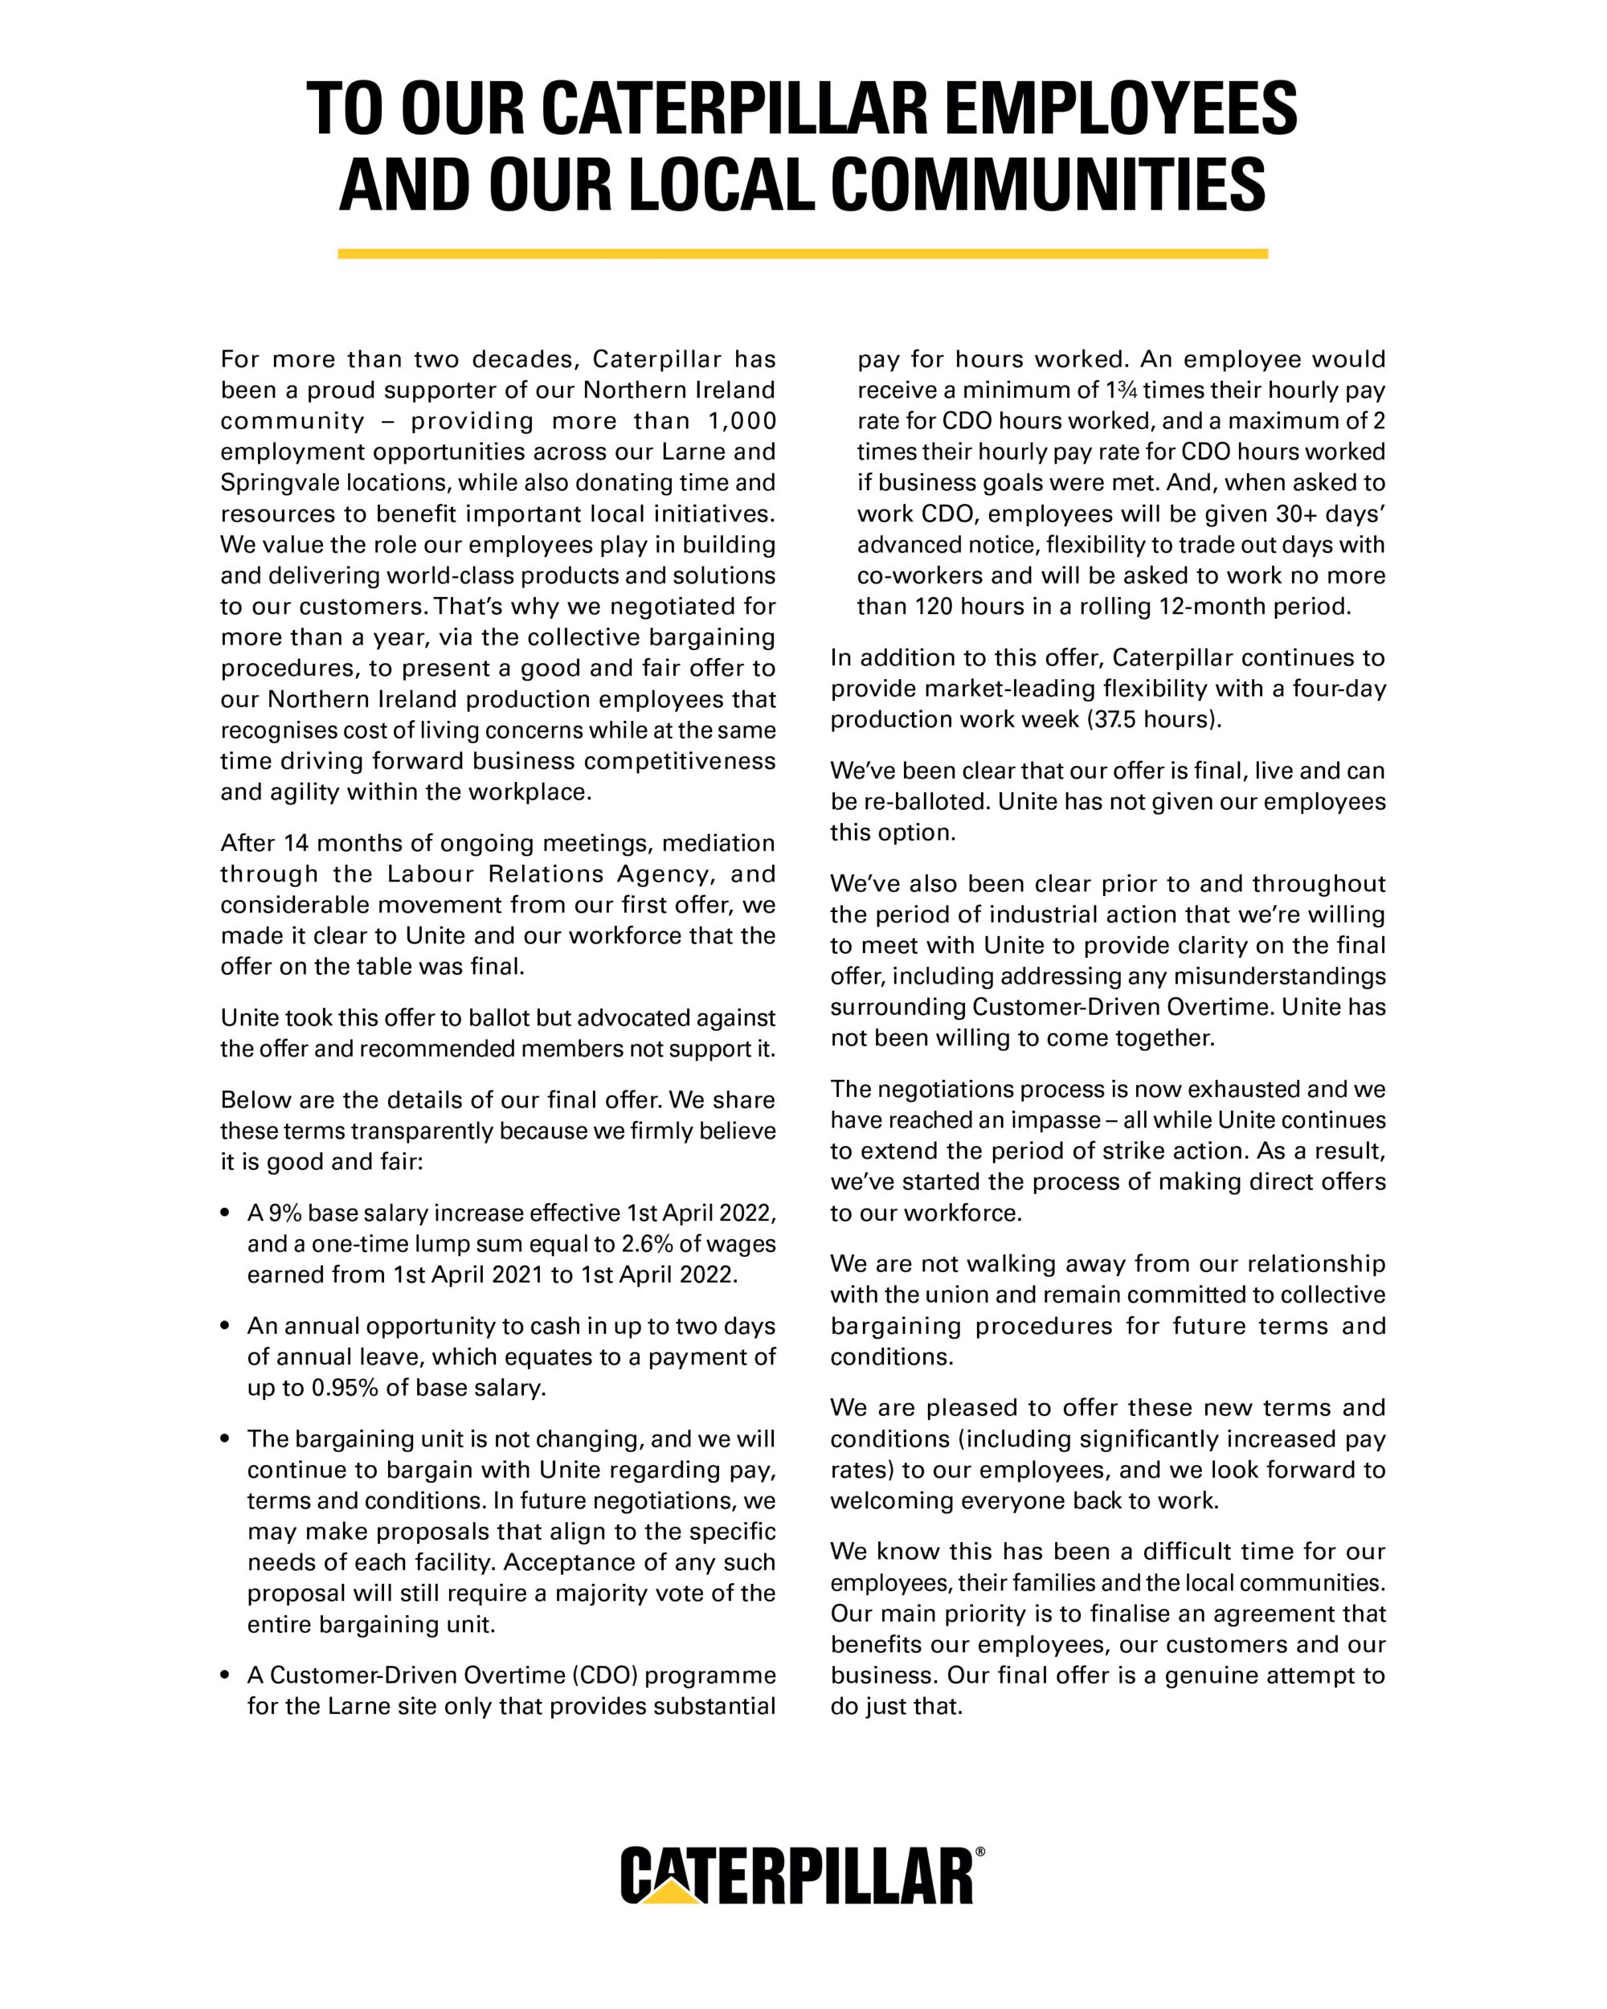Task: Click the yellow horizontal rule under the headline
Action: click(802, 253)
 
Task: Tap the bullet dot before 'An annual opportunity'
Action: click(226, 1327)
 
